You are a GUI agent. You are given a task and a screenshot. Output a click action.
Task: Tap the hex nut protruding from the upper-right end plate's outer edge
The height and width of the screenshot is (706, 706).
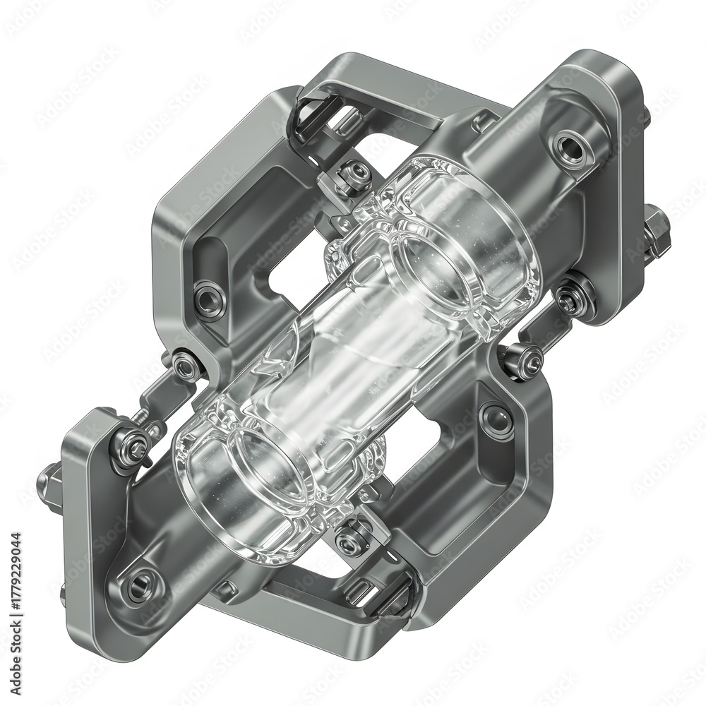tap(656, 231)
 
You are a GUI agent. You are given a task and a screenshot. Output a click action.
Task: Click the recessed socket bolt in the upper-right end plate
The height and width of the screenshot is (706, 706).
tap(569, 148)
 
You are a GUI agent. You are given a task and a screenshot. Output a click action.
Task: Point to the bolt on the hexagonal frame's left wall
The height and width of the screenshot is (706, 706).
tap(209, 300)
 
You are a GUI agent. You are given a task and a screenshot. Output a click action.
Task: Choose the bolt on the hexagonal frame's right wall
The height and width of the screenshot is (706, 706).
tap(496, 419)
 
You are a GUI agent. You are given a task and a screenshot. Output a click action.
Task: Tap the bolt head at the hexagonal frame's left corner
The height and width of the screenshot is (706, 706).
tap(186, 366)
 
